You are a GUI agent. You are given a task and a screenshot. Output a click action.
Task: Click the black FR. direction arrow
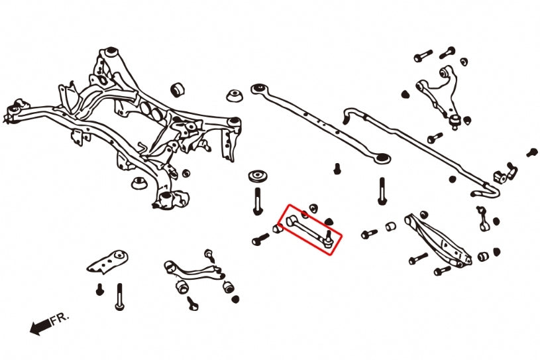click(40, 326)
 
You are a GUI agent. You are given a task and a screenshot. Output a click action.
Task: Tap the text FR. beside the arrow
click(60, 319)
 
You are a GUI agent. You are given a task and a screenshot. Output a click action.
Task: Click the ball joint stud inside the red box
click(329, 238)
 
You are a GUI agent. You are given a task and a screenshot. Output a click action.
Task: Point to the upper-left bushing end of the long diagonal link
click(258, 88)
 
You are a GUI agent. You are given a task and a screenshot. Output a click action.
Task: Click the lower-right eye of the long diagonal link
click(382, 158)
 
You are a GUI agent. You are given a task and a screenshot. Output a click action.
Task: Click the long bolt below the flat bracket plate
click(120, 296)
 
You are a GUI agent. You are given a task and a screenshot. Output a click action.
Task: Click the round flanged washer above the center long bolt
click(257, 178)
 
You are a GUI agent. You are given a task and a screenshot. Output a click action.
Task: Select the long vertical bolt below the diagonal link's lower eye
click(382, 192)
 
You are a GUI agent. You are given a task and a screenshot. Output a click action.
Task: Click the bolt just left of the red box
click(261, 239)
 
